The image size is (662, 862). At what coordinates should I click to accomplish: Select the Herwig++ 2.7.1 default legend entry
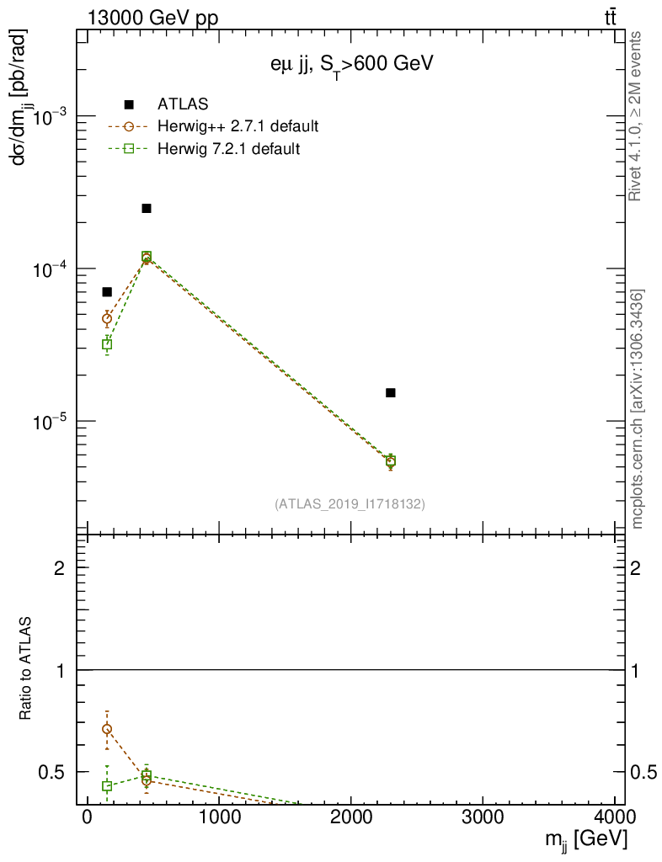(x=237, y=127)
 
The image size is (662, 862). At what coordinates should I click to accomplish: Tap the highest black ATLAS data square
(x=147, y=208)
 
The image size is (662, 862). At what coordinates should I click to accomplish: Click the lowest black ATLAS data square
(x=391, y=392)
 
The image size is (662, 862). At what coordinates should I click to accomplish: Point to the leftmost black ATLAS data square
(x=107, y=291)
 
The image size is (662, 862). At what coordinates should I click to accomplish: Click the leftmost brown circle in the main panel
(x=107, y=318)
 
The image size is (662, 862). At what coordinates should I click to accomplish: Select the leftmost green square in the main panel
(x=107, y=344)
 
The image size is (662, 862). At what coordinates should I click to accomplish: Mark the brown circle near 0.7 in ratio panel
(x=107, y=729)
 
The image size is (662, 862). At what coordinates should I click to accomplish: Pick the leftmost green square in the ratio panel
(x=107, y=786)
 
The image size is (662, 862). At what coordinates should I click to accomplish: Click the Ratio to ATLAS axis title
(x=27, y=668)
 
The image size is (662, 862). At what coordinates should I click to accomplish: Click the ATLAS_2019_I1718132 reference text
(x=350, y=504)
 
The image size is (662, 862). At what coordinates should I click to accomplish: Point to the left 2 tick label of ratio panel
(x=59, y=568)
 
